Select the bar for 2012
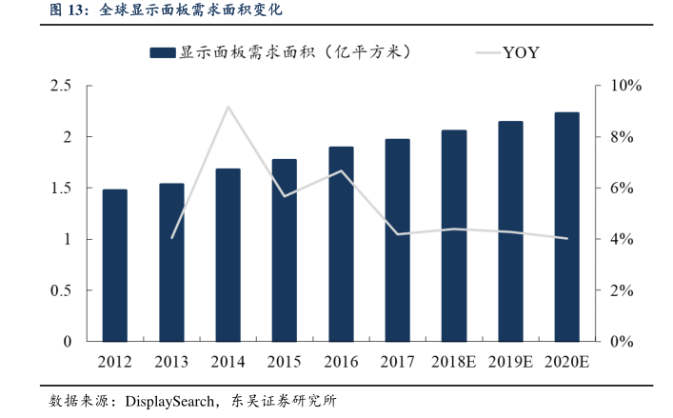(115, 265)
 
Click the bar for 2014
(228, 254)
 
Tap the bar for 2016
(341, 244)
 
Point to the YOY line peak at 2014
(228, 107)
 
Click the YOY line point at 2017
(398, 234)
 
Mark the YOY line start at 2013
(172, 237)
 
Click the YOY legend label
(521, 52)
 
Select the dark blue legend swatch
(163, 52)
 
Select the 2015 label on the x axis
(285, 362)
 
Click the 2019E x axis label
(510, 362)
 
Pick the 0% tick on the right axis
(616, 341)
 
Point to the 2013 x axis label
(172, 362)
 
